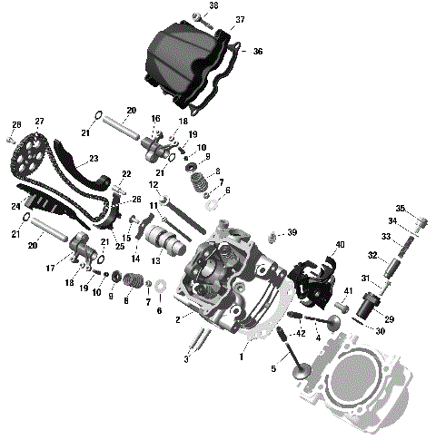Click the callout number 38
214,5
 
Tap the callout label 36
258,52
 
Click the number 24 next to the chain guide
15,207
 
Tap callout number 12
154,185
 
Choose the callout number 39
292,232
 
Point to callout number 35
401,208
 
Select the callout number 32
372,256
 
